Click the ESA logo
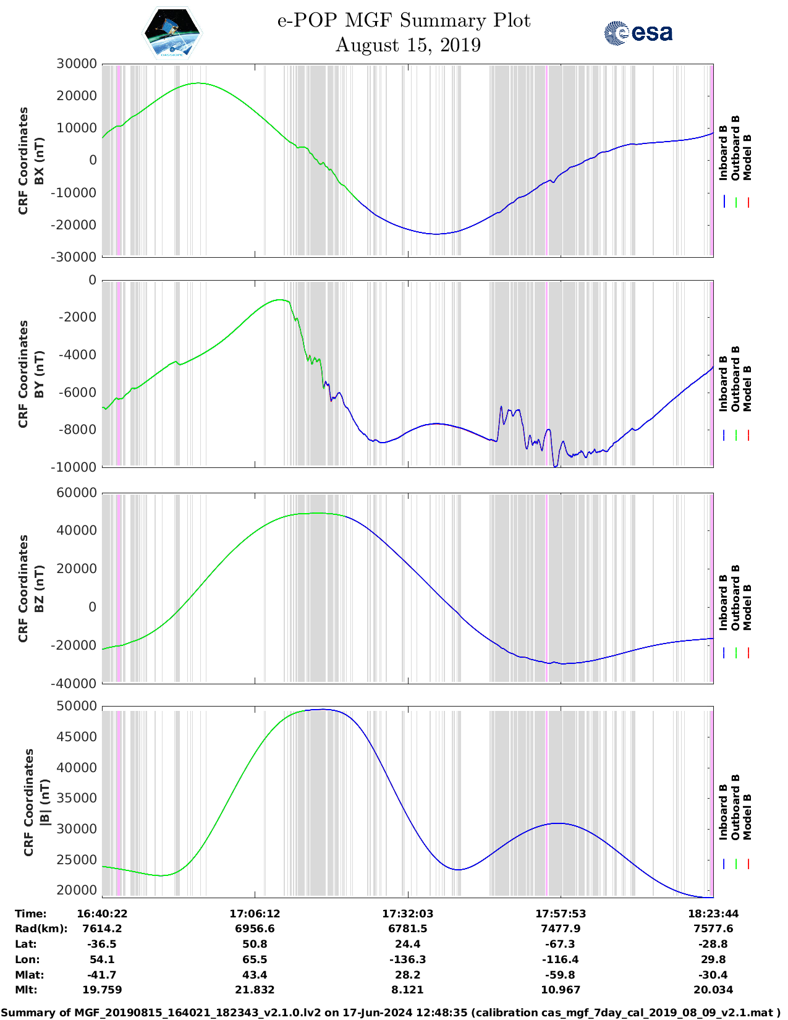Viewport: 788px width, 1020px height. (x=638, y=33)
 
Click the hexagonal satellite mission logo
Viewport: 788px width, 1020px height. (x=172, y=33)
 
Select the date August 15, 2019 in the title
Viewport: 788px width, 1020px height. (x=408, y=45)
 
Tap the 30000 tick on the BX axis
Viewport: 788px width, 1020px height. (x=77, y=64)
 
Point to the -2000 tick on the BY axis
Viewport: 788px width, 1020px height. (x=78, y=317)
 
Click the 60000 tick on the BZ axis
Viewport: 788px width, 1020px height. (x=77, y=493)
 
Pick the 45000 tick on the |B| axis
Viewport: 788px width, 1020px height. (x=77, y=736)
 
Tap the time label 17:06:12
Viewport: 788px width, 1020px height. (x=255, y=914)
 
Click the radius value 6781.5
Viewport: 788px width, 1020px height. (x=408, y=929)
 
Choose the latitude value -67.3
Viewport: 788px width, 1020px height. (x=561, y=944)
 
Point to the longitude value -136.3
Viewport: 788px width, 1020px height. (x=408, y=959)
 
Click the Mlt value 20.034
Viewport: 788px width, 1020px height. (x=713, y=990)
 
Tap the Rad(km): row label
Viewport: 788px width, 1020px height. (x=41, y=929)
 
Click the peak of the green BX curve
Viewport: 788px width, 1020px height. (x=198, y=83)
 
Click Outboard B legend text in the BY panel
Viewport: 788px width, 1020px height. (x=735, y=378)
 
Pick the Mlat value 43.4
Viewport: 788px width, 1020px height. (x=255, y=975)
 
